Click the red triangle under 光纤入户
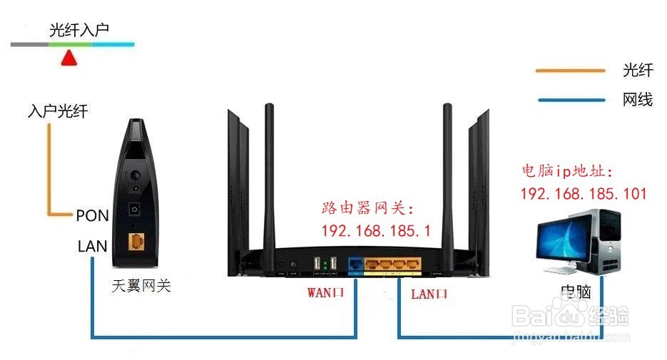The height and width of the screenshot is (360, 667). click(69, 58)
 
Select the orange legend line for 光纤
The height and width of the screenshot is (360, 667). click(570, 71)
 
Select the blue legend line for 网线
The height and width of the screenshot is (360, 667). click(570, 100)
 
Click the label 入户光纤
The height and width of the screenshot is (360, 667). click(58, 112)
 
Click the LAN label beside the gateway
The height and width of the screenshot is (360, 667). click(93, 247)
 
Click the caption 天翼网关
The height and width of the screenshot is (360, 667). click(142, 287)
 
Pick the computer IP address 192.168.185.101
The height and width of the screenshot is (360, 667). click(584, 193)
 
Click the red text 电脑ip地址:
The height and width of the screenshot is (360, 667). click(568, 171)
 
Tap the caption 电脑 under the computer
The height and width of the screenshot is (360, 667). click(576, 292)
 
